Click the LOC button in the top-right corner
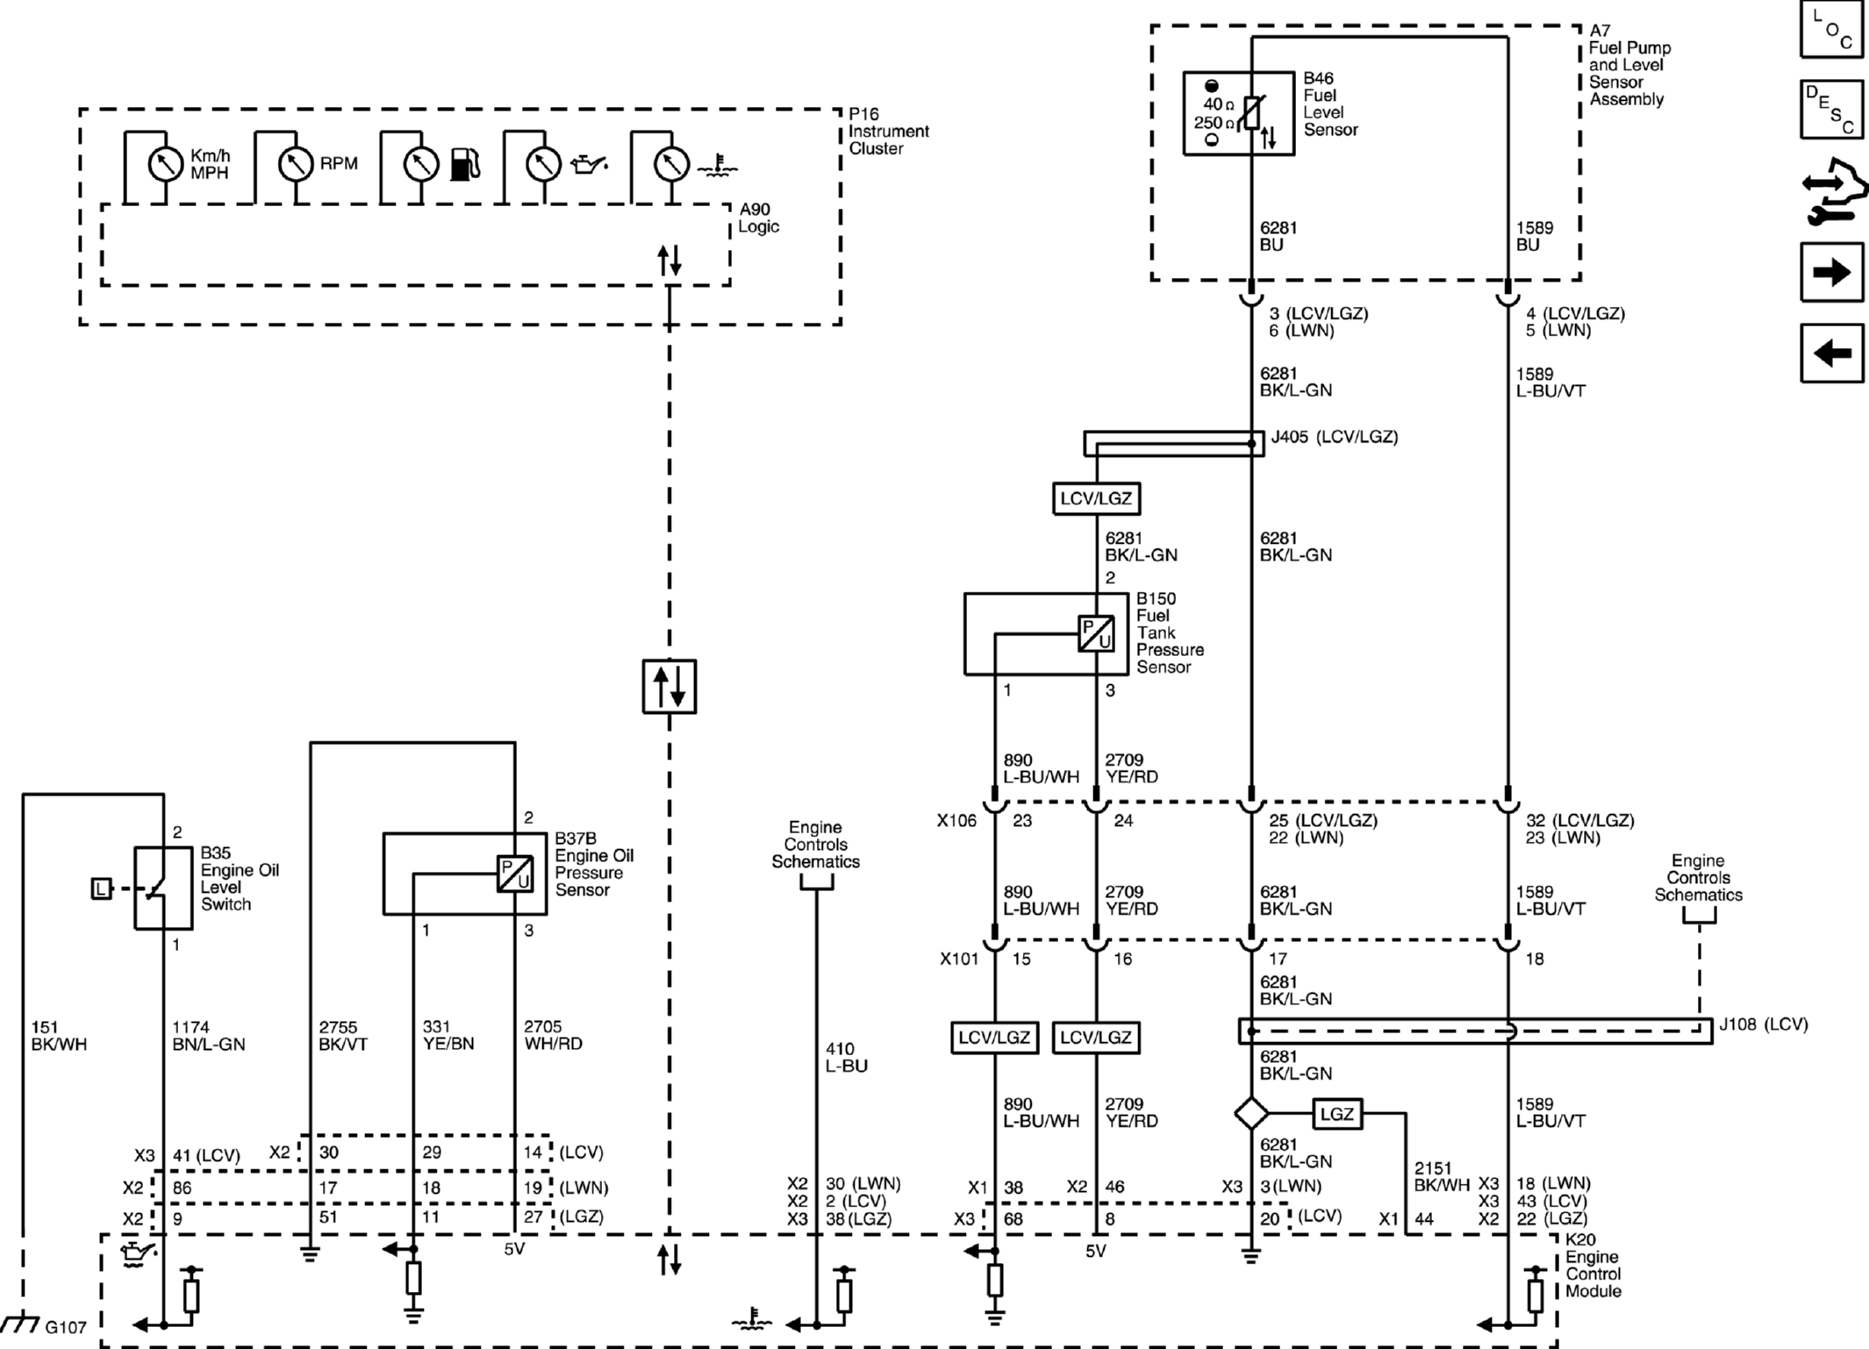[1831, 29]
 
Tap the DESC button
[1831, 110]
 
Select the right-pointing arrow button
[1831, 272]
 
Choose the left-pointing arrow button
[1831, 353]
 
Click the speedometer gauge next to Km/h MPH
[165, 163]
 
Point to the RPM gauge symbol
[296, 163]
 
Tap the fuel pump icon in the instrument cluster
[465, 164]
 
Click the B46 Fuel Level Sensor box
[1238, 114]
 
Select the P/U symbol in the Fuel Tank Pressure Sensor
[1096, 633]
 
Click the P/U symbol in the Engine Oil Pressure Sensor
[515, 874]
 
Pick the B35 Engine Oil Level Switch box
[163, 888]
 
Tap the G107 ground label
[66, 1327]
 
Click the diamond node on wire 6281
[1251, 1114]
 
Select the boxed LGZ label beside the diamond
[1337, 1114]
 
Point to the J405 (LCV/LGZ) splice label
[1335, 437]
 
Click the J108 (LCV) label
[1763, 1024]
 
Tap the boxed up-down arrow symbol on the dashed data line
[670, 686]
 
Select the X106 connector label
[956, 821]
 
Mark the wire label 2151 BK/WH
[1442, 1176]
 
